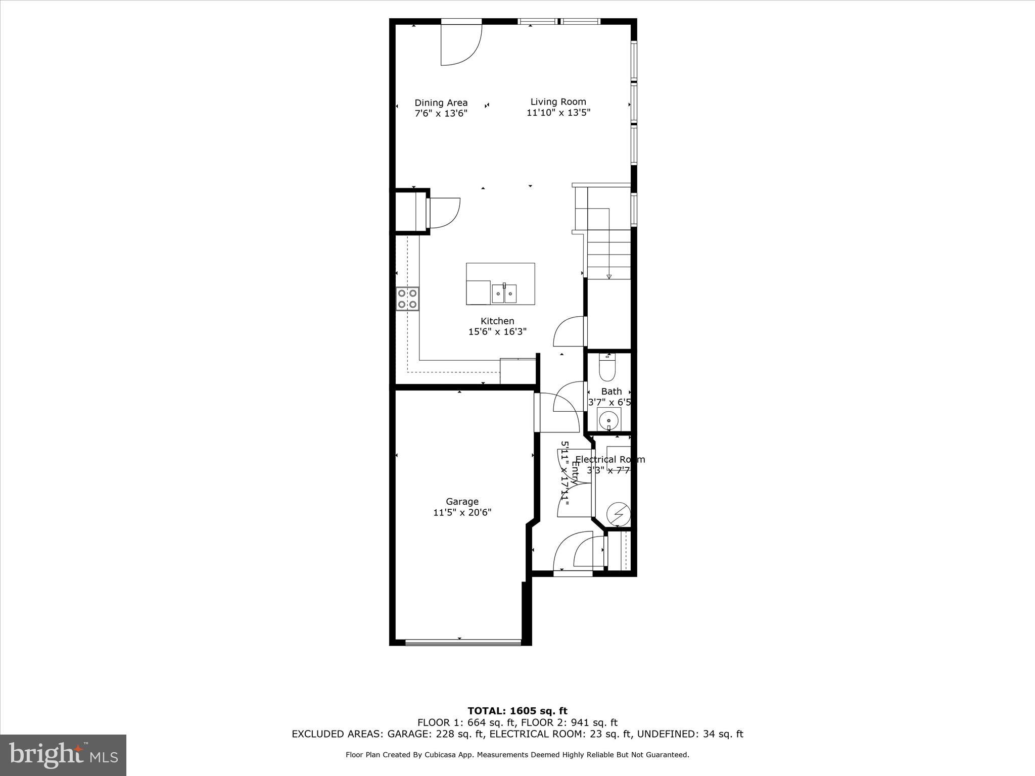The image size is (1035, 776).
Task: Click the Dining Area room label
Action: tap(441, 103)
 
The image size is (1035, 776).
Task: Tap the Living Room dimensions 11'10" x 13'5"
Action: tap(558, 113)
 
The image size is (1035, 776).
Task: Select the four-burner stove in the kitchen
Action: tap(407, 298)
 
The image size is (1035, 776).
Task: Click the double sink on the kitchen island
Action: tap(504, 294)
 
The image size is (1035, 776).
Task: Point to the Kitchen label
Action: tap(497, 321)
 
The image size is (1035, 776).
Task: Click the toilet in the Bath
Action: tap(606, 368)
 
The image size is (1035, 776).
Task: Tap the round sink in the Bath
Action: tap(609, 419)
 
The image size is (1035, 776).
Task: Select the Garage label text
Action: tap(462, 502)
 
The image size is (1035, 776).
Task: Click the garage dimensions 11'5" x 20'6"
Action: tap(462, 513)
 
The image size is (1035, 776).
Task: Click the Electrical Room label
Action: tap(610, 460)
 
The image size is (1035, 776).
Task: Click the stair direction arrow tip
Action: tap(609, 276)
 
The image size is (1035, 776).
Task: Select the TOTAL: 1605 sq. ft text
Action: tap(517, 711)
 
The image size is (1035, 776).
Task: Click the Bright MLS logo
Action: tap(63, 755)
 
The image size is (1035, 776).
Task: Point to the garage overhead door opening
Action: tap(462, 642)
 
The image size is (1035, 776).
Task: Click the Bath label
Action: tap(611, 392)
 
